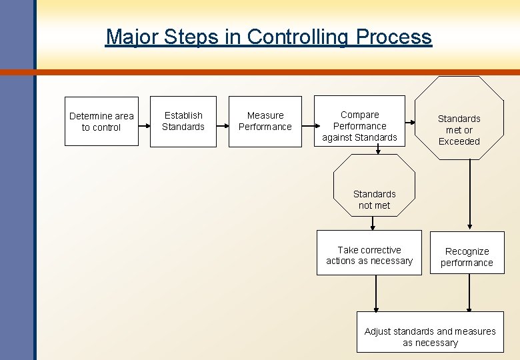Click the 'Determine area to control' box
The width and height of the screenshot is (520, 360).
pos(101,121)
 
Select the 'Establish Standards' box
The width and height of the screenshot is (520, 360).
pos(183,121)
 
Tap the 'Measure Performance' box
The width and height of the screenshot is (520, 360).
pos(265,121)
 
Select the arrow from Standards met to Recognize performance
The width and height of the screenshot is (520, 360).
pos(470,193)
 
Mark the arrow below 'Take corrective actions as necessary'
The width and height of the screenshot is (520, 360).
pos(376,293)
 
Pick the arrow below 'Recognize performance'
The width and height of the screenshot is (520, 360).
pos(469,293)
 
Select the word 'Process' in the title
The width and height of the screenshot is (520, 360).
pos(393,36)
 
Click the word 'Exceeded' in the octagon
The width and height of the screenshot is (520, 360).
pos(459,141)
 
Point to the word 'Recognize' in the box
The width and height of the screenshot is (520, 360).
pos(467,251)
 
